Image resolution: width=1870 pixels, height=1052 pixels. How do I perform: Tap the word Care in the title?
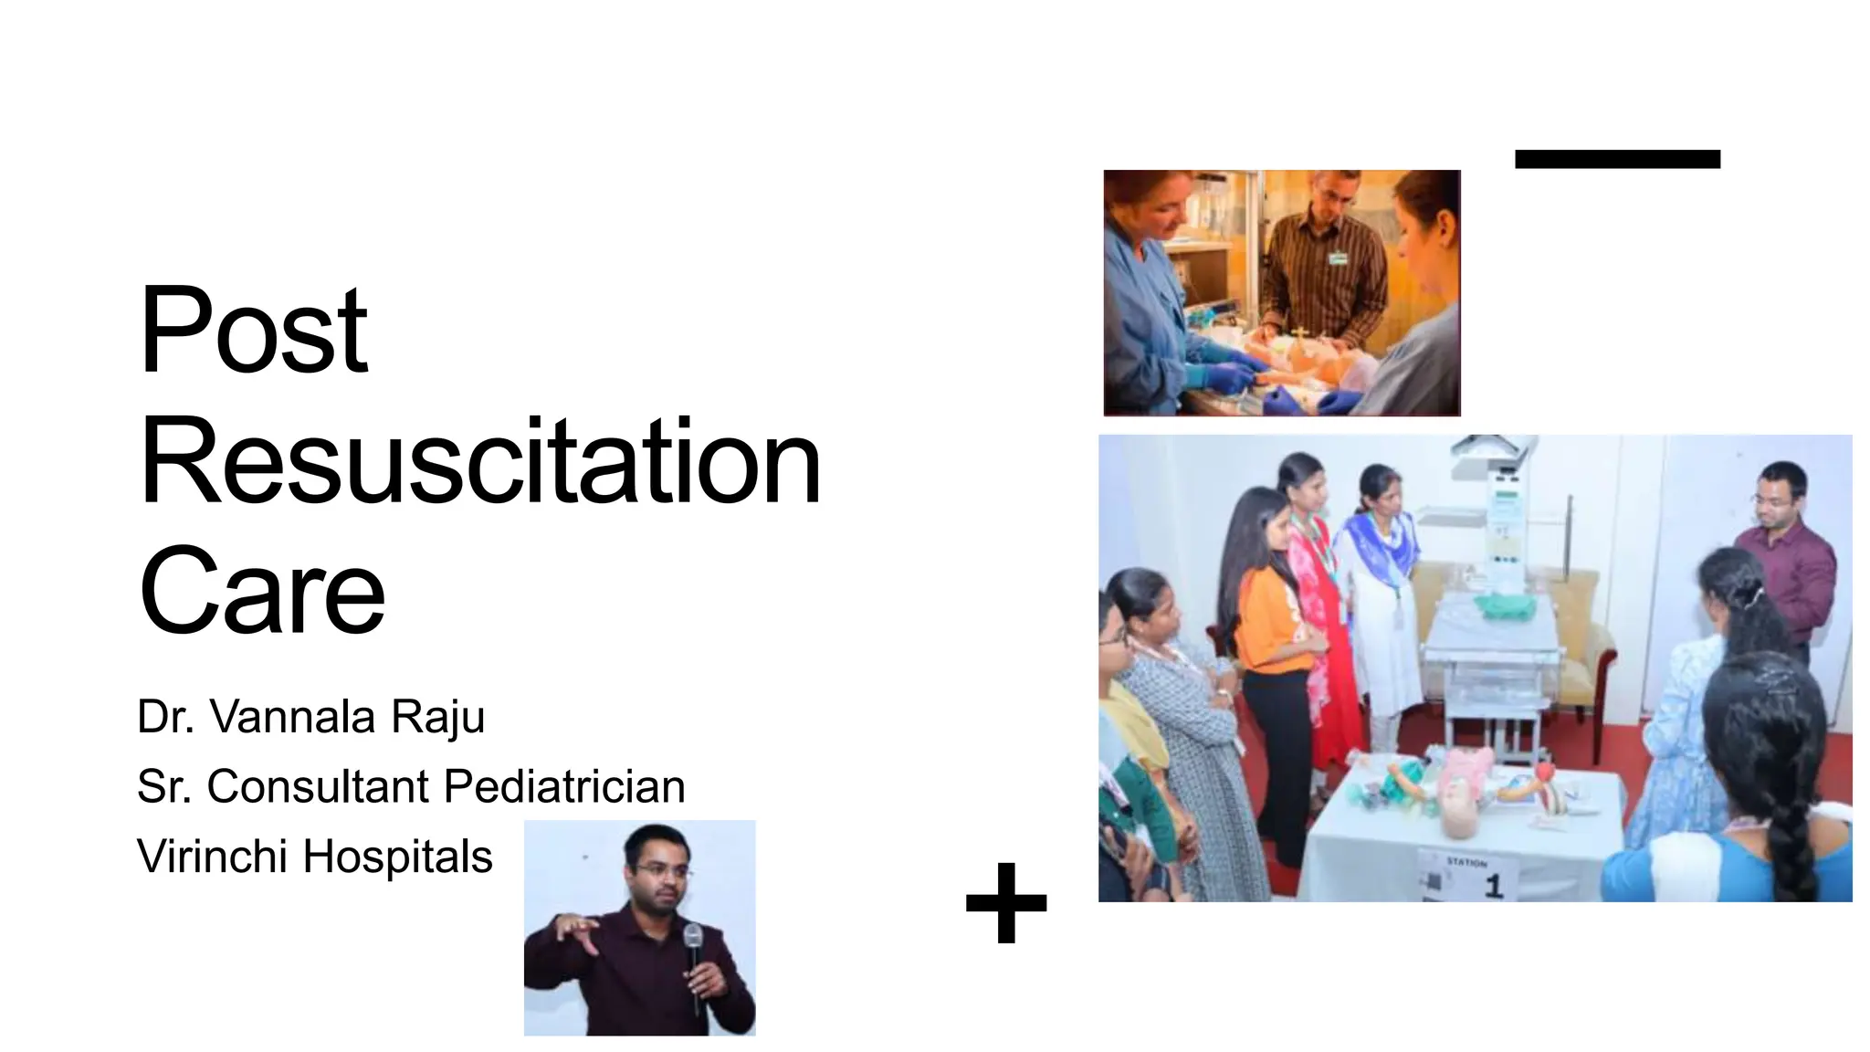262,591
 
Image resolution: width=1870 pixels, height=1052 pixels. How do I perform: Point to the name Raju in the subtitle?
437,717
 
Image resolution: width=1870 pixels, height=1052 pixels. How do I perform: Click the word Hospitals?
397,857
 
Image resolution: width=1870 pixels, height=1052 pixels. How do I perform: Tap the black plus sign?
1005,902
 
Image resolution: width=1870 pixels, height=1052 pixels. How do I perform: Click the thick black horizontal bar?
1617,159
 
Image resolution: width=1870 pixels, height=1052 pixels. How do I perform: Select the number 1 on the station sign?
1494,885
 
